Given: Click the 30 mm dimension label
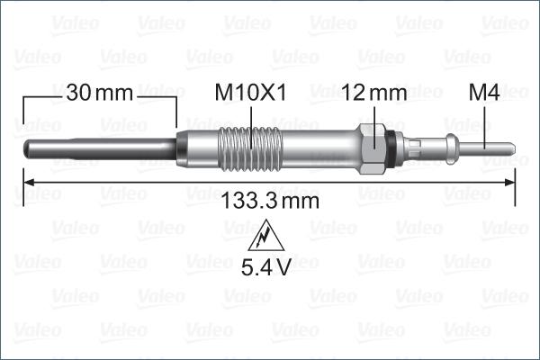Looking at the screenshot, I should pos(99,92).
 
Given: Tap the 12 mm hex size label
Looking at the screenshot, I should pos(373,92).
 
